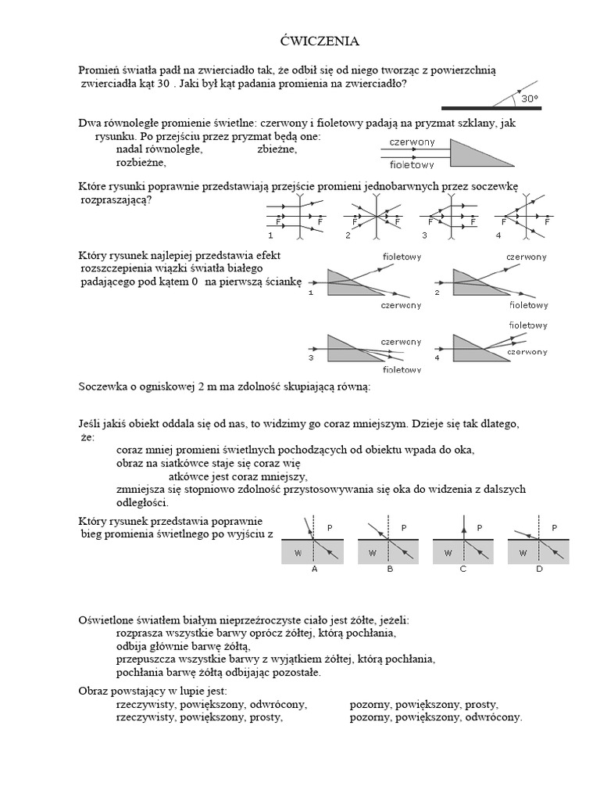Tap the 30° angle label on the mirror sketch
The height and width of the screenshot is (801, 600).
tap(530, 99)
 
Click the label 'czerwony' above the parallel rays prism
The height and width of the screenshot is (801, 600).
tap(412, 142)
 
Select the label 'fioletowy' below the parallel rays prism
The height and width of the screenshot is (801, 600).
tap(412, 165)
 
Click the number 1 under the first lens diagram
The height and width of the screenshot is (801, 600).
tap(270, 235)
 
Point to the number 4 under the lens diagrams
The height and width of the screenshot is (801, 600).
tap(498, 235)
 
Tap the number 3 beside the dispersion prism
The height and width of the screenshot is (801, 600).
tap(311, 357)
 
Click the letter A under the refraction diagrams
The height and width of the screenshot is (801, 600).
tap(314, 569)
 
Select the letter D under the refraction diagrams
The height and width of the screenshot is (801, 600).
tap(539, 569)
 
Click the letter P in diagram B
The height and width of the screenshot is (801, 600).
tap(404, 528)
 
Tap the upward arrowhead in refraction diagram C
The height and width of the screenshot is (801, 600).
tap(464, 529)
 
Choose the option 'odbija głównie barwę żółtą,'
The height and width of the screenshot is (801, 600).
tap(182, 645)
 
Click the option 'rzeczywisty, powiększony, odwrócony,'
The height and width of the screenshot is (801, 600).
tap(211, 703)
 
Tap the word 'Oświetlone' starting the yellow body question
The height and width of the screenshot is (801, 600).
tap(106, 619)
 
